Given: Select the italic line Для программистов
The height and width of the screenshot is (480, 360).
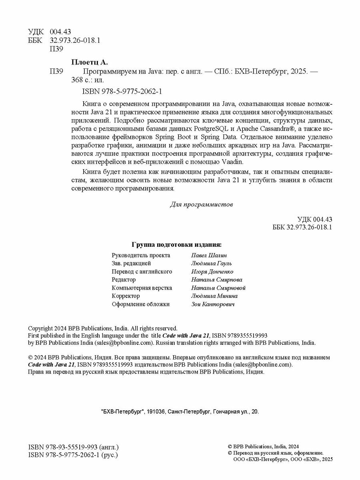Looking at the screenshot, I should click(201, 204).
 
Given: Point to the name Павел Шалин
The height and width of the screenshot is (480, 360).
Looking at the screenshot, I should click(209, 255).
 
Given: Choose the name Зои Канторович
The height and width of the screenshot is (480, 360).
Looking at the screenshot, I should click(213, 304).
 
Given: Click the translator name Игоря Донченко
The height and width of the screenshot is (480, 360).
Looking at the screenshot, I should click(212, 272).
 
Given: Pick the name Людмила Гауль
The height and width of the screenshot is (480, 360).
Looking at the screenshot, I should click(212, 263).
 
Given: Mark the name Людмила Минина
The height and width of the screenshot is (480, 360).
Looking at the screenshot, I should click(214, 296).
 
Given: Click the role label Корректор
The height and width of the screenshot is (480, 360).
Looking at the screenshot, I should click(126, 296).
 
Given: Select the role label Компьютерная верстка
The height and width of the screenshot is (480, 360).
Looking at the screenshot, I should click(142, 288).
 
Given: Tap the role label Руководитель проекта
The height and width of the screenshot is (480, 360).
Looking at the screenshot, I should click(141, 255).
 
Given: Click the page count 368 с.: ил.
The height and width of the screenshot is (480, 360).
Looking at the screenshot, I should click(87, 80).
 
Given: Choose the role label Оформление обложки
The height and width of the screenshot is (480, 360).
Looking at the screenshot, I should click(141, 304).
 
